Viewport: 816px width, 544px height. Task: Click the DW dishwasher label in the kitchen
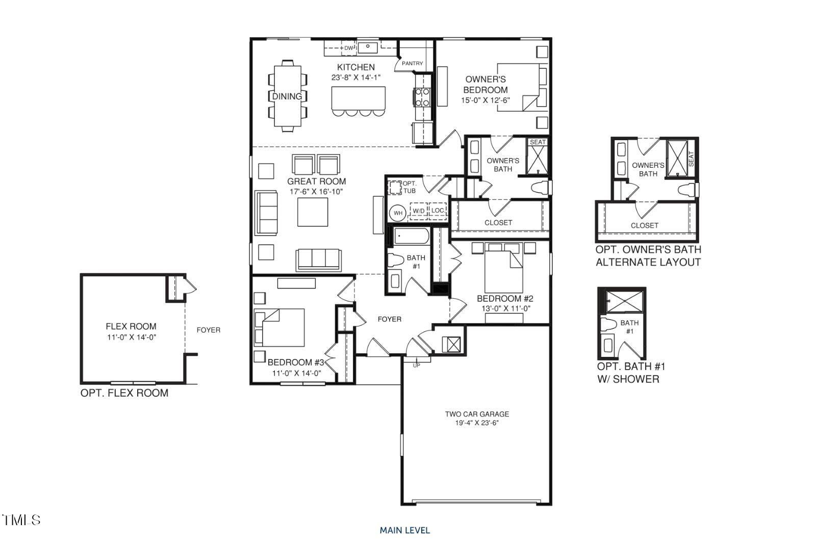348,48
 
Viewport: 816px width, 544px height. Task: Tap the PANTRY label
412,63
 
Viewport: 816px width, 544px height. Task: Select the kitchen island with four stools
358,98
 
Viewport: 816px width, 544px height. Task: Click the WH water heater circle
398,213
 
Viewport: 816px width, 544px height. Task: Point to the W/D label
418,211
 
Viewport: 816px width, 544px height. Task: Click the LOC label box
438,210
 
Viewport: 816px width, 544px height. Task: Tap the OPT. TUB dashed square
396,187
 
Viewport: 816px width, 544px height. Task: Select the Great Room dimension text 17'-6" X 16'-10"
316,192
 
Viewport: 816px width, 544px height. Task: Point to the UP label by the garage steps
416,365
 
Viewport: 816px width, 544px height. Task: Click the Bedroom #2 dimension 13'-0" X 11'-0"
505,308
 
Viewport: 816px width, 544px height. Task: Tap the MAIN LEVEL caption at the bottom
404,530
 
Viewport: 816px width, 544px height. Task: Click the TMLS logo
21,520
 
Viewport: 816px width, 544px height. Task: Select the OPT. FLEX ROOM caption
124,393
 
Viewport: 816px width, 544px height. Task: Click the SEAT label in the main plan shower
538,142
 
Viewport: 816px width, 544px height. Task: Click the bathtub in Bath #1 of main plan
411,237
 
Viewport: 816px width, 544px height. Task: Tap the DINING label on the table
287,96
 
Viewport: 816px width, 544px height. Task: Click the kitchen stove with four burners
422,97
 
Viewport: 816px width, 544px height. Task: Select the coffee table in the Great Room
313,212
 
